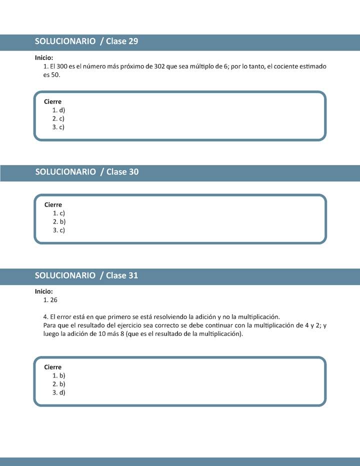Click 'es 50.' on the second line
[x=51, y=74]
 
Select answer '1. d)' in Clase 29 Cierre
[x=58, y=110]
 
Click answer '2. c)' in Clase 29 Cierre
[x=58, y=118]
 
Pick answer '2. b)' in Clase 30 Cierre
[x=59, y=221]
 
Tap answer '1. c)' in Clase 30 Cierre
[x=59, y=213]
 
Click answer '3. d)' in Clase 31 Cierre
[x=58, y=392]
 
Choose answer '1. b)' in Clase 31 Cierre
[x=58, y=375]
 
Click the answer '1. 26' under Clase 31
[x=51, y=300]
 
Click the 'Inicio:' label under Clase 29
[x=44, y=57]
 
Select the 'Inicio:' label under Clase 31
[x=44, y=291]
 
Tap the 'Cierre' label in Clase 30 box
[x=53, y=204]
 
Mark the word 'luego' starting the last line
[x=51, y=334]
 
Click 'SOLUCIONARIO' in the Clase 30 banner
[x=65, y=172]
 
